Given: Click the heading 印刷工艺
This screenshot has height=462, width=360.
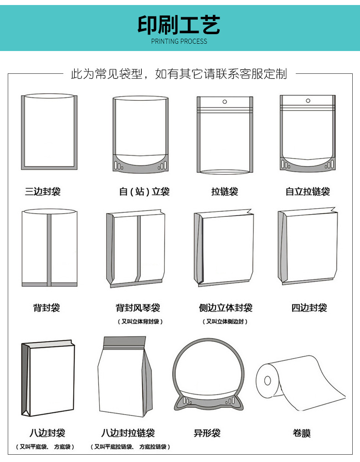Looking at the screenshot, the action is pyautogui.click(x=179, y=25).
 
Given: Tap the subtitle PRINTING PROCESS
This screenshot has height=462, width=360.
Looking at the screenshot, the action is pyautogui.click(x=179, y=41).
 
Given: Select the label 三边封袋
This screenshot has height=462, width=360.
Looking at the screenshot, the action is pyautogui.click(x=43, y=191).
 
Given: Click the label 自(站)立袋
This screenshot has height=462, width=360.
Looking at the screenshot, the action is pyautogui.click(x=144, y=191).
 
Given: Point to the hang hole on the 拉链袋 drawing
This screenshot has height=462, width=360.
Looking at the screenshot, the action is pyautogui.click(x=225, y=102).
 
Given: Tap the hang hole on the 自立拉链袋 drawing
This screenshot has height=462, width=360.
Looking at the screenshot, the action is pyautogui.click(x=308, y=101).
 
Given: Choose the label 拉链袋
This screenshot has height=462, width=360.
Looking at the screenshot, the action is pyautogui.click(x=225, y=191).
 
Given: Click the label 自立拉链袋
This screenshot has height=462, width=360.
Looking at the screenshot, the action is pyautogui.click(x=308, y=191).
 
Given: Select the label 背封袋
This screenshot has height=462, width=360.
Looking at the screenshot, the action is pyautogui.click(x=46, y=308).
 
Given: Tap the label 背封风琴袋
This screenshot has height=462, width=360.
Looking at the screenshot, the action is pyautogui.click(x=138, y=308).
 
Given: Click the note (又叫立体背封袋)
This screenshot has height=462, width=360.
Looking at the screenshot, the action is pyautogui.click(x=140, y=322).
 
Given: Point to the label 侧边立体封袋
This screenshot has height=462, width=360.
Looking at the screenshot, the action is pyautogui.click(x=226, y=308).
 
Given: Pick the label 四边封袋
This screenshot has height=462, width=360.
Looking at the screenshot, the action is pyautogui.click(x=309, y=308).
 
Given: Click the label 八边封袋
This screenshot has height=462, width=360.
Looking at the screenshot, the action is pyautogui.click(x=47, y=433).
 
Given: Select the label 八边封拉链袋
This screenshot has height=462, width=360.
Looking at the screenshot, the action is pyautogui.click(x=128, y=433).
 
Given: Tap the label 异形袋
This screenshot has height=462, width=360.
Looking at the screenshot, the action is pyautogui.click(x=207, y=433).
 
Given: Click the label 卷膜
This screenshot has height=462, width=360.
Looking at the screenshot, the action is pyautogui.click(x=301, y=433).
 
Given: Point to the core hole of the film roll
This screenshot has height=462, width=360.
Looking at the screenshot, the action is pyautogui.click(x=267, y=380).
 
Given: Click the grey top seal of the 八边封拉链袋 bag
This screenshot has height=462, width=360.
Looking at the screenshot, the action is pyautogui.click(x=124, y=342).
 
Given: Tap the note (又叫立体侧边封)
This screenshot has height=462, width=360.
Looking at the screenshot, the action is pyautogui.click(x=225, y=322).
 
